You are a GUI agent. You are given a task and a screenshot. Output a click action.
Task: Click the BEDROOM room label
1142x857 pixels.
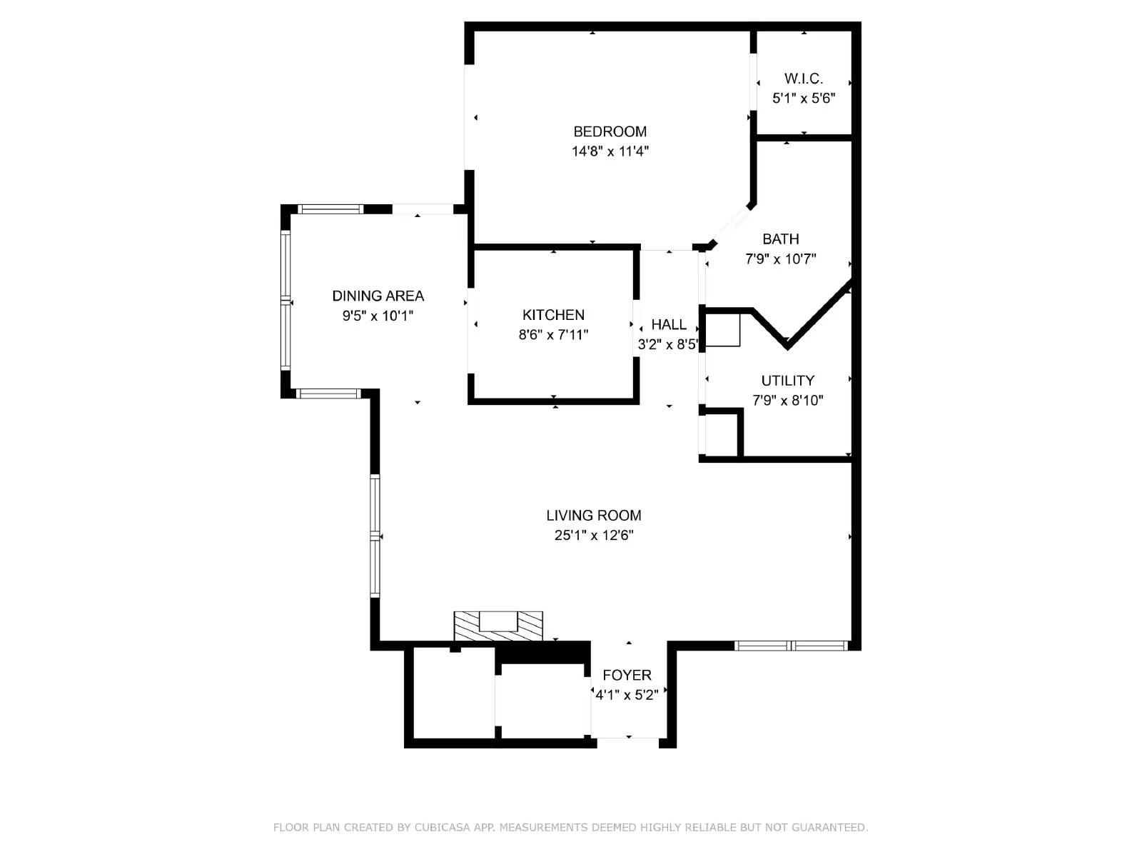point(610,131)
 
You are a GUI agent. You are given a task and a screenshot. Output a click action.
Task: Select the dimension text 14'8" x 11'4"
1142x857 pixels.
point(610,151)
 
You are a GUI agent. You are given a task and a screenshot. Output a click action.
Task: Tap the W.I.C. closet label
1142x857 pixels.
point(804,79)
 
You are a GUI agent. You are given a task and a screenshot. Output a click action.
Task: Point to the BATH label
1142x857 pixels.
point(780,239)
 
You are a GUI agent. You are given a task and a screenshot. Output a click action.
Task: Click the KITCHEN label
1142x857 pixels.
point(553,315)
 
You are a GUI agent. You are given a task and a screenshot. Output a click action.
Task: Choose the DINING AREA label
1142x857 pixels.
point(378,296)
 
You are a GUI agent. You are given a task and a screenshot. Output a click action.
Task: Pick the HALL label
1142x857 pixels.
point(669,325)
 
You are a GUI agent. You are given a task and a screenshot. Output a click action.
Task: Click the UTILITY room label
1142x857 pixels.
point(787,381)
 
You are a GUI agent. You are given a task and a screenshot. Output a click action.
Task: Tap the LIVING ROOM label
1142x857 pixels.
point(594,516)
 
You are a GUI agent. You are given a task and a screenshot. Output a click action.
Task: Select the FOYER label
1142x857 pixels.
point(627,675)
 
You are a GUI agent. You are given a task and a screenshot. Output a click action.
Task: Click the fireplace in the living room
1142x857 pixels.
point(498,626)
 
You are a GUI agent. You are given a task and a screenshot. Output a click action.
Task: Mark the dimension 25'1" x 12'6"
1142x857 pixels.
point(594,536)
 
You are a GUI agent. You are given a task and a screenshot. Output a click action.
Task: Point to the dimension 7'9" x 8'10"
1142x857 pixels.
point(787,401)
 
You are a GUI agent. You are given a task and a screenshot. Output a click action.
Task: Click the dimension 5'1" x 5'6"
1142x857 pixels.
point(804,99)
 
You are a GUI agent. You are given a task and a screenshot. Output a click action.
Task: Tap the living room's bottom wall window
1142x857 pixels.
point(791,646)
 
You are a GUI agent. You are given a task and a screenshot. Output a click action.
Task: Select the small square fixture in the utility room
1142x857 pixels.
point(722,330)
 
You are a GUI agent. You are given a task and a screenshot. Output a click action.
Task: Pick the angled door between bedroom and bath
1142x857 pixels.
point(731,226)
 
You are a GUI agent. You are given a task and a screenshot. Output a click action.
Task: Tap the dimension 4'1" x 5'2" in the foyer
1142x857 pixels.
point(627,695)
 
